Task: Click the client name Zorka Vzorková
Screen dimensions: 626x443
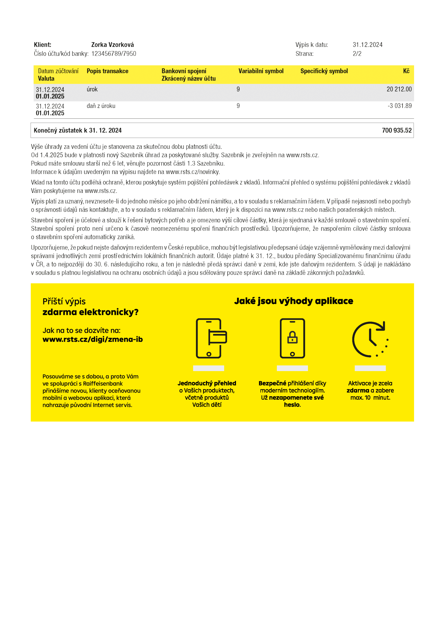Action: coord(112,45)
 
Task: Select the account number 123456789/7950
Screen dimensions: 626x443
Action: coord(114,54)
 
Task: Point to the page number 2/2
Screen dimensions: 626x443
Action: coord(357,54)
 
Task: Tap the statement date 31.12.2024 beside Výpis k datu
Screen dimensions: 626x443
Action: coord(367,45)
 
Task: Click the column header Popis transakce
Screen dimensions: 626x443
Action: coord(107,71)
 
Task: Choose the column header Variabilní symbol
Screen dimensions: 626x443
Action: coord(261,71)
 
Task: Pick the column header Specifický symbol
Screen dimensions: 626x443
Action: coord(324,71)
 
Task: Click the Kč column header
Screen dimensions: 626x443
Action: coord(406,71)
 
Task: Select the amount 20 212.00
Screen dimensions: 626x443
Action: coord(399,89)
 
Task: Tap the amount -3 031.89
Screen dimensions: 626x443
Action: coord(400,106)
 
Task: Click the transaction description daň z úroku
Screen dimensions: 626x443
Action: coord(101,106)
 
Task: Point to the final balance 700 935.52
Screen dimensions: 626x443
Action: coord(397,130)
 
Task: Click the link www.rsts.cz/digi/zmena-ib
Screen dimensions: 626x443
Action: coord(93,340)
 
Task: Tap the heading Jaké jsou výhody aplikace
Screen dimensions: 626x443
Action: coord(294,301)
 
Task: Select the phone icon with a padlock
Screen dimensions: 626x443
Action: coord(292,338)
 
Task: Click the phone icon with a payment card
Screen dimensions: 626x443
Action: coord(211,338)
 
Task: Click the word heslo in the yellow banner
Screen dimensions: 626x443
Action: coord(292,405)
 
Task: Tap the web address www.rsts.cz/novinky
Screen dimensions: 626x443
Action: coord(193,172)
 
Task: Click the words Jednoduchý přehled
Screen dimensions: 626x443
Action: coord(207,383)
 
